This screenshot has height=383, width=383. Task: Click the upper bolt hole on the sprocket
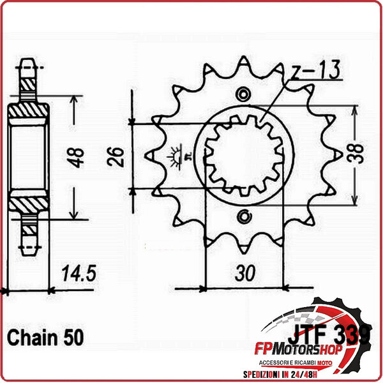pos(243,96)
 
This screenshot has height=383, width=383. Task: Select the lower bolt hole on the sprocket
pos(243,214)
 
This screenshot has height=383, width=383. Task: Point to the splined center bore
pos(243,155)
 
